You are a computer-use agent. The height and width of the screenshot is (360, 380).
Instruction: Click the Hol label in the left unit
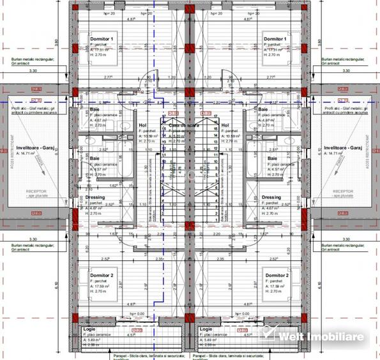click(142, 125)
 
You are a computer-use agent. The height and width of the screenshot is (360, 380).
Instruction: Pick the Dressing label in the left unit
click(96, 197)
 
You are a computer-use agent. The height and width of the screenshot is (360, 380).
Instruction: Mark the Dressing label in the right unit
click(271, 197)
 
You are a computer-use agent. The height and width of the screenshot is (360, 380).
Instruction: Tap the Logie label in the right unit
click(205, 329)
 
